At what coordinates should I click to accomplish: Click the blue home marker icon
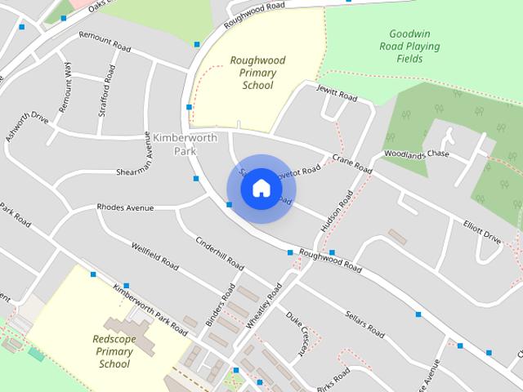[x=261, y=189]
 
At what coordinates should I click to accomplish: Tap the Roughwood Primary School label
[x=253, y=73]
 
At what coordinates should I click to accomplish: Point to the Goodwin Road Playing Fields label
[x=415, y=47]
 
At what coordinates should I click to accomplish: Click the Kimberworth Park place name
[x=186, y=144]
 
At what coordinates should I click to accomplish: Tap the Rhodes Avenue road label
[x=125, y=208]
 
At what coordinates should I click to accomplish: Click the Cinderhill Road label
[x=220, y=253]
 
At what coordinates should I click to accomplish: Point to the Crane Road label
[x=352, y=164]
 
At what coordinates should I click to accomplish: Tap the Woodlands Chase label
[x=417, y=154]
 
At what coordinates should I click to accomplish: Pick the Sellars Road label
[x=364, y=323]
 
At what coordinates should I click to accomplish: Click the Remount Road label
[x=104, y=42]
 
